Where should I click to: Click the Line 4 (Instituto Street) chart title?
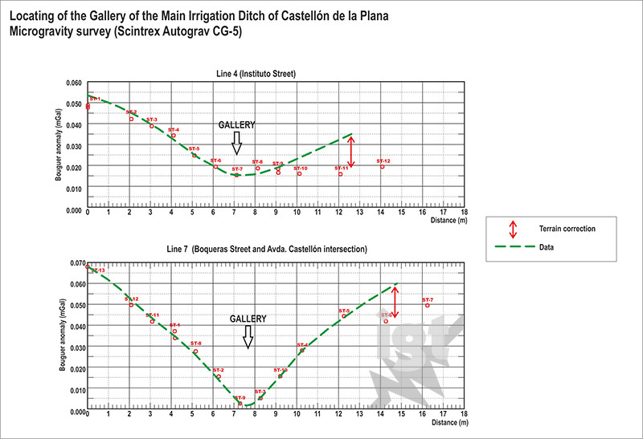[256, 74]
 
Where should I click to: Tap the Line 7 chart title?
[267, 250]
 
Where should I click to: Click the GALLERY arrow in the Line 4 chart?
[236, 143]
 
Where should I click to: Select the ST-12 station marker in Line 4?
[383, 167]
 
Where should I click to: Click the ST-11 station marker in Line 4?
[340, 174]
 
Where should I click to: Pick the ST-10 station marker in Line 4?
[299, 173]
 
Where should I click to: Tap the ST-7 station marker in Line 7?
[428, 306]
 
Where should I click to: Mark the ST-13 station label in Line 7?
[97, 270]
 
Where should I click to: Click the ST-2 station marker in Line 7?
[219, 377]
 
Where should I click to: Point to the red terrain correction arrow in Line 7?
[394, 303]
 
